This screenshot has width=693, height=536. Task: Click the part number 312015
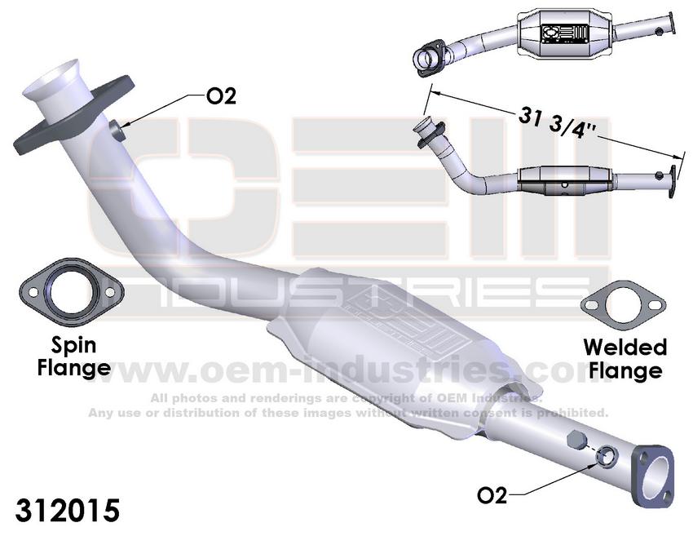68,510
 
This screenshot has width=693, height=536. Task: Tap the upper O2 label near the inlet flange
221,96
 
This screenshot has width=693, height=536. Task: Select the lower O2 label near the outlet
492,495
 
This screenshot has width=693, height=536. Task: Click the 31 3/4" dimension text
558,122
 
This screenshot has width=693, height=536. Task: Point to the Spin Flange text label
74,356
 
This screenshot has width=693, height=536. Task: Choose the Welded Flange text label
625,358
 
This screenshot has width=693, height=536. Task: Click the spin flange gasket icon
72,291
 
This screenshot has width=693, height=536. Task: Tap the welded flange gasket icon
623,305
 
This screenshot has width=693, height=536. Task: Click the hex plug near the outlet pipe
576,439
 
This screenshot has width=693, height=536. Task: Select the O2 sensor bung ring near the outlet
607,457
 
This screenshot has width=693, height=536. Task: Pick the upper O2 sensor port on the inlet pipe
117,131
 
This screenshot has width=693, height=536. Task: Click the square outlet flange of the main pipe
653,476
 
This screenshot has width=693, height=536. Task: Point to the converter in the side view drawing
566,182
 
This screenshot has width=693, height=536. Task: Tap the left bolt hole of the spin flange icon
33,292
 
